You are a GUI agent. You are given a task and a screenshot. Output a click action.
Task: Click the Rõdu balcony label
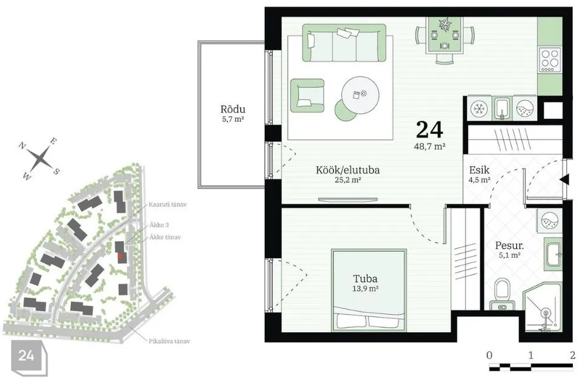click(233, 109)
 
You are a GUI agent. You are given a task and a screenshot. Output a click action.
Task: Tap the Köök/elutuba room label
click(347, 170)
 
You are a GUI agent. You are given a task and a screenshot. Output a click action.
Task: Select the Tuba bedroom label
click(365, 278)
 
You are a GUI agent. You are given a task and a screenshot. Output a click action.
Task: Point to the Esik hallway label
click(479, 170)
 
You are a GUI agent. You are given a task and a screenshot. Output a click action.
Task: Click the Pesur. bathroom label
click(509, 246)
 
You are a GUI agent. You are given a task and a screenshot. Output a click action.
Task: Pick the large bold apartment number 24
click(429, 130)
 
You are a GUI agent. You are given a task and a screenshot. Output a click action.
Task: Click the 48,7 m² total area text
click(429, 146)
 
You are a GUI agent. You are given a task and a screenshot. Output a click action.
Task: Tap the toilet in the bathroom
click(503, 293)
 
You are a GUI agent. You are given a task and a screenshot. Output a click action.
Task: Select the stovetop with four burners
click(550, 60)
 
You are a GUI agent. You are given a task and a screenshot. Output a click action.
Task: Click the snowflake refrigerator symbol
click(478, 109)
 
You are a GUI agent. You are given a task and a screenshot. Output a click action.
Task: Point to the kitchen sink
click(502, 109)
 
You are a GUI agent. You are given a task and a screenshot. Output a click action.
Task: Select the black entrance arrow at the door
click(564, 179)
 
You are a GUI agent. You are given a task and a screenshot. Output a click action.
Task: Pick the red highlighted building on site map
click(120, 256)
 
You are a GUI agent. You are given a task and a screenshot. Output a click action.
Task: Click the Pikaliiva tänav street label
click(169, 341)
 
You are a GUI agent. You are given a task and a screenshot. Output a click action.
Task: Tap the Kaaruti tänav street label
click(168, 204)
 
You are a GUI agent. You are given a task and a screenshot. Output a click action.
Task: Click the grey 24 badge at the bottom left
click(27, 356)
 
